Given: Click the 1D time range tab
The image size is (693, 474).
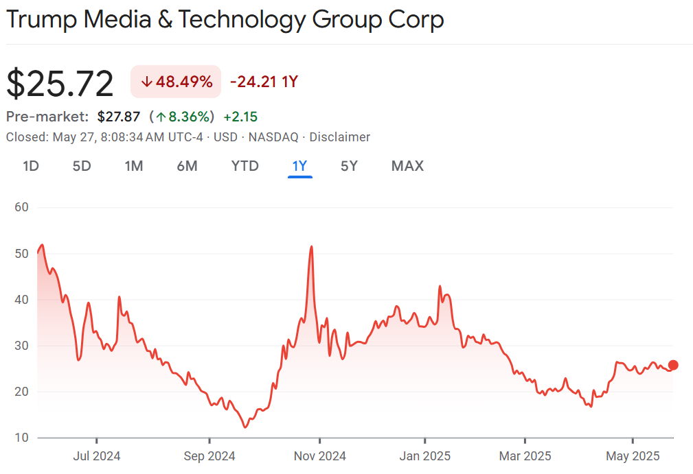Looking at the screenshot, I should [30, 166].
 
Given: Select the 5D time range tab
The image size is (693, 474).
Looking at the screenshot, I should [82, 166].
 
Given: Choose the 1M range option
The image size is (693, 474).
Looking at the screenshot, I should [134, 166].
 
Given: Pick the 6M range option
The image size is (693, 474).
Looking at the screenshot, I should [187, 166].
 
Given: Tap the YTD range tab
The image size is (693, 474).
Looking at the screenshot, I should [245, 166].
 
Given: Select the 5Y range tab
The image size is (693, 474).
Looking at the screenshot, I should [349, 166].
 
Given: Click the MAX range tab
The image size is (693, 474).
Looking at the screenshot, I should [407, 166].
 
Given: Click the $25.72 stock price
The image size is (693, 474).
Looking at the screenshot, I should [60, 84].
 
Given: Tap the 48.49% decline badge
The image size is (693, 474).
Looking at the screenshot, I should [176, 82].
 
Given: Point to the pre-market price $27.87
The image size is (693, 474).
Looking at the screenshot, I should [118, 117].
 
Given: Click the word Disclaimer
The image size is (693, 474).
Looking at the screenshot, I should [339, 137].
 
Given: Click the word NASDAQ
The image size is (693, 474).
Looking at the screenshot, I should [273, 137].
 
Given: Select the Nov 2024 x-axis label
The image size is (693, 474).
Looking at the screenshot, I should [321, 455].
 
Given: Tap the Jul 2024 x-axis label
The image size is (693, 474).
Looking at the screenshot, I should [97, 455].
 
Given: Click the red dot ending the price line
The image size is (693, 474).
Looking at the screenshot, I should [673, 365].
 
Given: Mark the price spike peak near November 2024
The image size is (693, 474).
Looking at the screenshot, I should [312, 246].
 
